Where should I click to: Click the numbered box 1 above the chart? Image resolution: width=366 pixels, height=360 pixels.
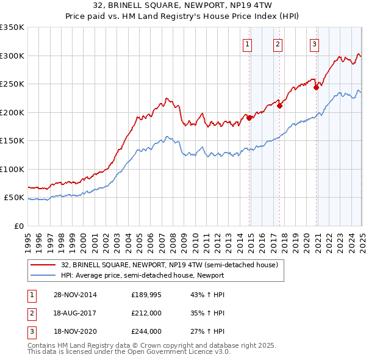click(248, 44)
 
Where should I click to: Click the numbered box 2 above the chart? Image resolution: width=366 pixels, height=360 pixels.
click(278, 44)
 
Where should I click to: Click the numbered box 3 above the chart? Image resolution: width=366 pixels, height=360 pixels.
click(314, 44)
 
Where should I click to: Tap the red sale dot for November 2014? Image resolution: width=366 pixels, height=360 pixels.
click(249, 118)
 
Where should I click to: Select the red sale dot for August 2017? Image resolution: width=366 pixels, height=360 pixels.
click(280, 106)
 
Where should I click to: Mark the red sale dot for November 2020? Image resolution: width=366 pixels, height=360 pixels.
click(316, 87)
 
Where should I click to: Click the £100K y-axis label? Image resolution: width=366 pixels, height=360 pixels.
click(13, 169)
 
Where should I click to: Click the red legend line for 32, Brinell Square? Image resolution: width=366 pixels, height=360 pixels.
click(43, 265)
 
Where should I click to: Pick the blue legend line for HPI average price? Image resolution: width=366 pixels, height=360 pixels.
click(43, 275)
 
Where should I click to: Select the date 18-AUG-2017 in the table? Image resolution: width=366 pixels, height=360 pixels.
click(75, 314)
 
